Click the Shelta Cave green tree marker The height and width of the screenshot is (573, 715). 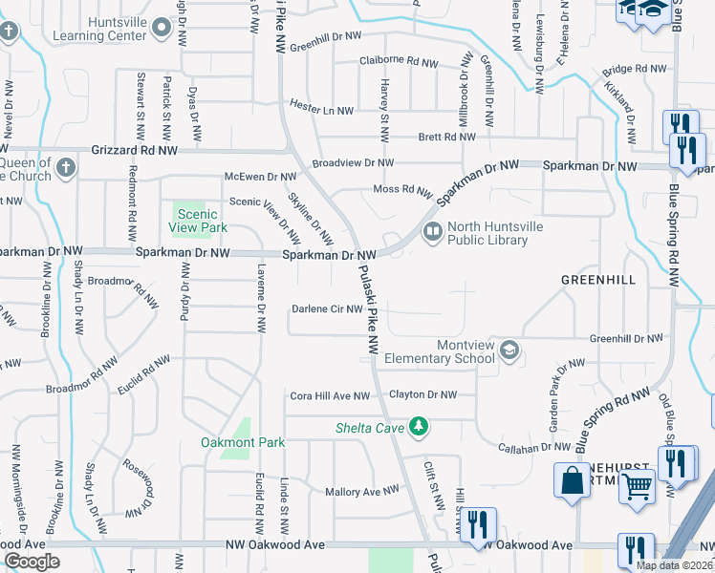click(x=418, y=426)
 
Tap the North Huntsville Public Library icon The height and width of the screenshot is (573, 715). click(x=432, y=230)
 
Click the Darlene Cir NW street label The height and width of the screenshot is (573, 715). click(x=327, y=308)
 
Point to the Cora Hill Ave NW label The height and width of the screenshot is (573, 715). click(x=329, y=395)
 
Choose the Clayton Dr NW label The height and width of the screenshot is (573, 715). click(x=422, y=394)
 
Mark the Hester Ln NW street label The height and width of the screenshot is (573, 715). click(x=321, y=111)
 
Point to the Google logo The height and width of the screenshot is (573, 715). click(x=32, y=562)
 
